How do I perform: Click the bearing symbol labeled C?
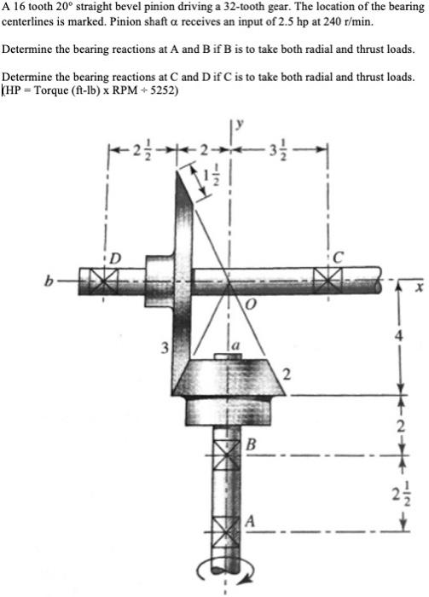[x=326, y=279]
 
